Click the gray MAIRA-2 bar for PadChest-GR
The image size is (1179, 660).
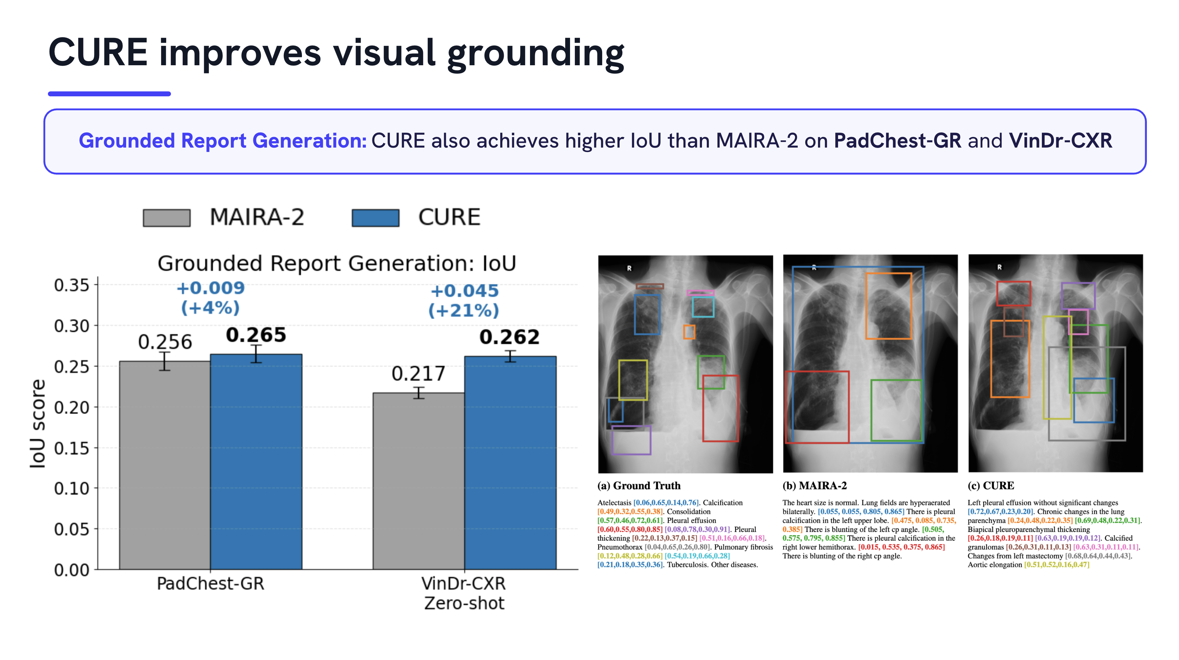[165, 465]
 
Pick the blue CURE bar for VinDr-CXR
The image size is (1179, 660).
[510, 463]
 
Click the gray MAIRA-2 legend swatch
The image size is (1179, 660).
[167, 218]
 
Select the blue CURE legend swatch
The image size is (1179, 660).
[375, 218]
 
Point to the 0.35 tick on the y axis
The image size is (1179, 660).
[96, 285]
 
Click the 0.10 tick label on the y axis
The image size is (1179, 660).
[71, 489]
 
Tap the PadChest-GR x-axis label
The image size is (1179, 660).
[211, 583]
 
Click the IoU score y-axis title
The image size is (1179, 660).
[38, 424]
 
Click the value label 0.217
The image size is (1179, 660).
[418, 374]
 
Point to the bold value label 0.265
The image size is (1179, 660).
[256, 335]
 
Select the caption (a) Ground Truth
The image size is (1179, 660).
[639, 485]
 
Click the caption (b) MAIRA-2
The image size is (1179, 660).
[815, 485]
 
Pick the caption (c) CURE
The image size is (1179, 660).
[991, 485]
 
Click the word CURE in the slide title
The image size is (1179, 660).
[98, 53]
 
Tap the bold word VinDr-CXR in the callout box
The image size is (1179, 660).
[1060, 140]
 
